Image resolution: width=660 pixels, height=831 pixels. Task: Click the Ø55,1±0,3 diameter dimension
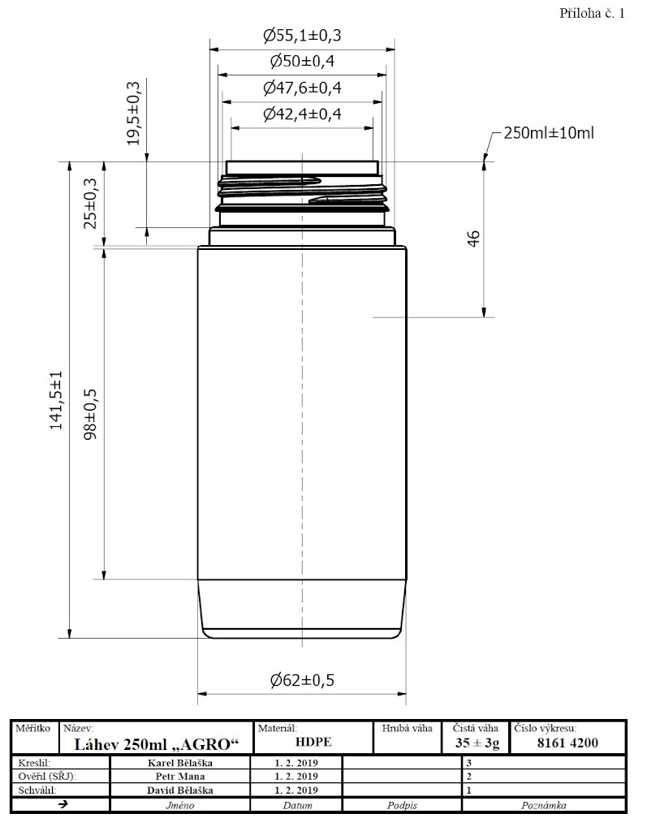coord(302,36)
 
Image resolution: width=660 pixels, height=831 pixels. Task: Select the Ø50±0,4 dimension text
coord(302,61)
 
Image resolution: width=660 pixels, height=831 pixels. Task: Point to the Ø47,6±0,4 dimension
coord(302,88)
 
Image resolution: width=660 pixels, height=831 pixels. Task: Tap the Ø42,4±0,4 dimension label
coord(302,114)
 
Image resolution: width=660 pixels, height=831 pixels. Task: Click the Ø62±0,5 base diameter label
coord(302,680)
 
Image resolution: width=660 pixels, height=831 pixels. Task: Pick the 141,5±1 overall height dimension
coord(56,400)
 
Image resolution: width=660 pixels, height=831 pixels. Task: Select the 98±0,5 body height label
coord(91,415)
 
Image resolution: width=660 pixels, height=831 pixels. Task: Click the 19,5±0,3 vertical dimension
coord(134,114)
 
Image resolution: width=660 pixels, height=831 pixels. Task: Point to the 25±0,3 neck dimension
coord(91,204)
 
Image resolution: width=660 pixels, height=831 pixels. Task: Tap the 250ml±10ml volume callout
coord(549,132)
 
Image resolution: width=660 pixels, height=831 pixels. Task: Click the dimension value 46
coord(473,239)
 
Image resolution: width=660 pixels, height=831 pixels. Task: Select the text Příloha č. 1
coord(592,13)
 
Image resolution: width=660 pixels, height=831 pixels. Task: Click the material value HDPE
coord(313,742)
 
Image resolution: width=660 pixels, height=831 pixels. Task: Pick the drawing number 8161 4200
coord(567,743)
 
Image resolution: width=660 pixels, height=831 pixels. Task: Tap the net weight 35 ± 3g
coord(477,743)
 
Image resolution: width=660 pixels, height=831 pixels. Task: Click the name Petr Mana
coord(180,777)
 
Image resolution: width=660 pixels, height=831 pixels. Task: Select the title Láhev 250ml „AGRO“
coord(157,745)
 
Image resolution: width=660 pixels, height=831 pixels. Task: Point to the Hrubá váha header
coord(408,728)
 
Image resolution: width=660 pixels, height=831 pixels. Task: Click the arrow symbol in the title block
coord(63,804)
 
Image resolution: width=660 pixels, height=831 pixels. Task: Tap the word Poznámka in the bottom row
coord(543,805)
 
